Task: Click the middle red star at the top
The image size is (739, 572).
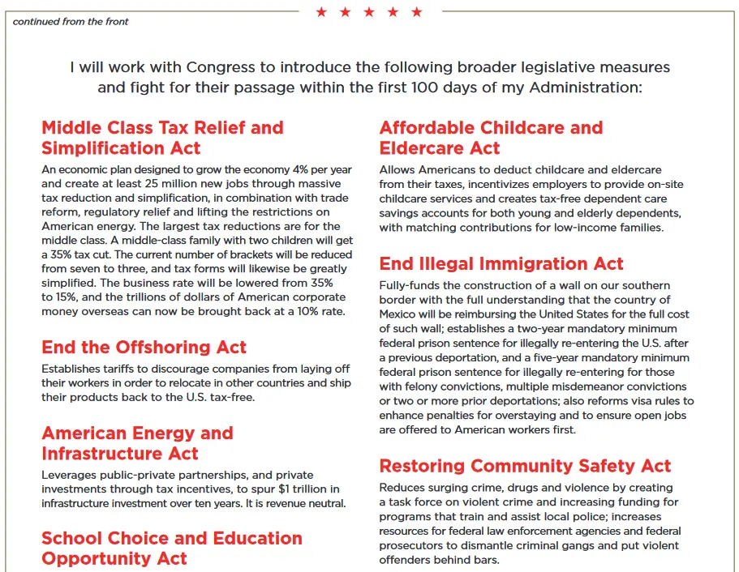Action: click(369, 12)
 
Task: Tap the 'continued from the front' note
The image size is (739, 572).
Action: click(71, 22)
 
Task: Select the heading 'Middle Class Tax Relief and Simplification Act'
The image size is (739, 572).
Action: click(162, 138)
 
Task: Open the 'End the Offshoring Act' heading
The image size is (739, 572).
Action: click(144, 347)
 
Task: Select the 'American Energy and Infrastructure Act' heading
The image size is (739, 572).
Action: click(137, 443)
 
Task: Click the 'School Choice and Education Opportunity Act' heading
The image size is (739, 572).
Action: click(171, 549)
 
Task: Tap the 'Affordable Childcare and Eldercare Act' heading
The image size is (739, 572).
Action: click(491, 138)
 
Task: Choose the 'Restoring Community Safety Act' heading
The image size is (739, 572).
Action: click(525, 466)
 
